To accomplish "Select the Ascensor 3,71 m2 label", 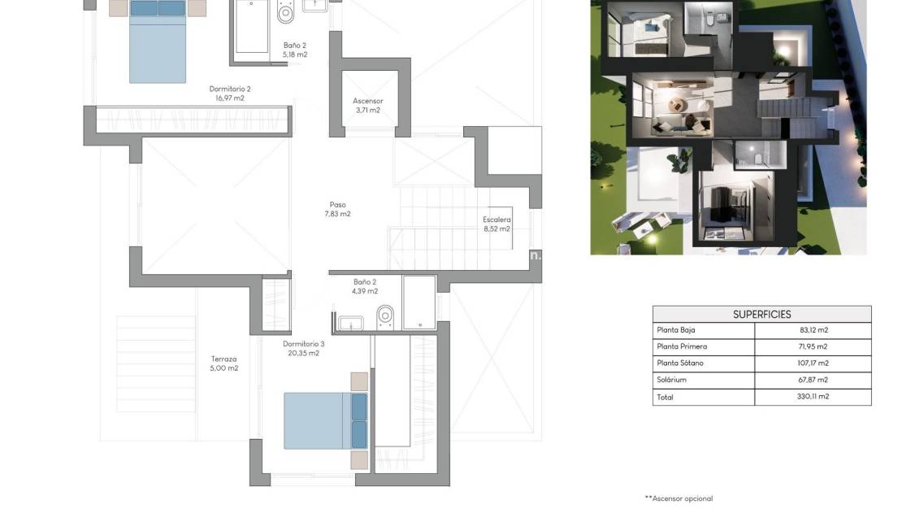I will [367, 106].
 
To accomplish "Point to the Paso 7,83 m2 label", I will [337, 210].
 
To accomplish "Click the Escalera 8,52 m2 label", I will [497, 224].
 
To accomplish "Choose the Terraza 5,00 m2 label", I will [223, 363].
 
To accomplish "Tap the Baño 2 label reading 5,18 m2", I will [295, 50].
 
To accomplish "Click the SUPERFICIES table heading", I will [761, 315].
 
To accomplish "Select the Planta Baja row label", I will [676, 330].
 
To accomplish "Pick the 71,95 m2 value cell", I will [813, 346].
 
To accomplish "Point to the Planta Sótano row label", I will [679, 363].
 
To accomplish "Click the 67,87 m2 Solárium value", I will [813, 380].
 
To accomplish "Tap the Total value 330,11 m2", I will [813, 397].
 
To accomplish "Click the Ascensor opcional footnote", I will [679, 498].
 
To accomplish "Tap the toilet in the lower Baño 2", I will [385, 316].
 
